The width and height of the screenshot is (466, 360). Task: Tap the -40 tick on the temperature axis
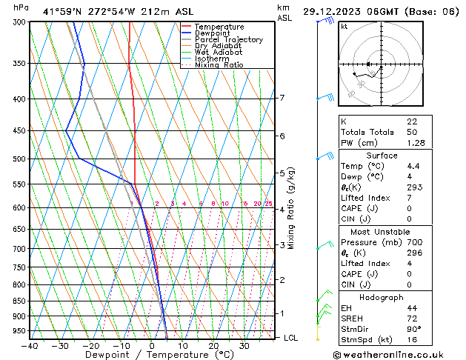[x=30, y=345]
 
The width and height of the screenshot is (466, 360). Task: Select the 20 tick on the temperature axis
[x=213, y=345]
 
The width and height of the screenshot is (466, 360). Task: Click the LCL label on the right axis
[x=291, y=338]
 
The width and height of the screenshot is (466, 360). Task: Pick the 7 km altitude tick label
[x=282, y=98]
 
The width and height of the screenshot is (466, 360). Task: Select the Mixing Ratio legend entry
[x=219, y=65]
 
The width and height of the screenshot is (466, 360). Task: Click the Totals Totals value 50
[x=411, y=132]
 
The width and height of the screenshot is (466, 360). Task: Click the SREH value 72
[x=412, y=318]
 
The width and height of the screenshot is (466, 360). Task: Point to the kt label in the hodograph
[x=344, y=26]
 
